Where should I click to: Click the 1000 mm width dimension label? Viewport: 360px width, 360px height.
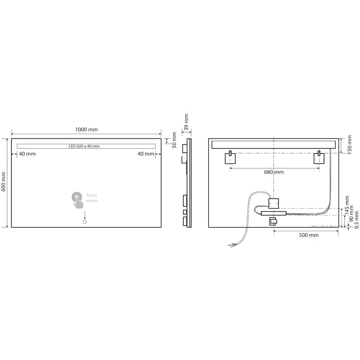(86, 130)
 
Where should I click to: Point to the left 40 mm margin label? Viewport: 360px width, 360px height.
(27, 154)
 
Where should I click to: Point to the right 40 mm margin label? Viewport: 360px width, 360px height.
(146, 154)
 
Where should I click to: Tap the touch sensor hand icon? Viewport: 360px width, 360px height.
(77, 200)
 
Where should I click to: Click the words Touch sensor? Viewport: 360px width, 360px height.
(92, 198)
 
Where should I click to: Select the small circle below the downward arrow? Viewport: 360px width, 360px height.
(85, 222)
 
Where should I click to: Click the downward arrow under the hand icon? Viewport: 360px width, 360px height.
(85, 215)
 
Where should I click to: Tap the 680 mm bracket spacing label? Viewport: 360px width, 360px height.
(274, 172)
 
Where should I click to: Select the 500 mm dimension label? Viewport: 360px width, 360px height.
(309, 235)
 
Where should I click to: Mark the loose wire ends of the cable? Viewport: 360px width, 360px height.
(232, 245)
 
